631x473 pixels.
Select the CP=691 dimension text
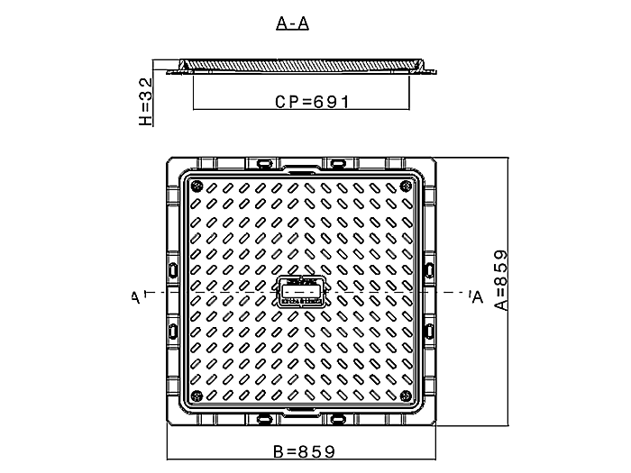tap(312, 102)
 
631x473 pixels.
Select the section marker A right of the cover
tap(475, 296)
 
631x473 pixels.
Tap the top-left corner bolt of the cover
tap(196, 186)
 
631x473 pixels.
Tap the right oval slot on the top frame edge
tap(337, 163)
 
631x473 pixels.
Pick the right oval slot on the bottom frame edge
tap(337, 419)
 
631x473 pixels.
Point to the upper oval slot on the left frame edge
tap(172, 269)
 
